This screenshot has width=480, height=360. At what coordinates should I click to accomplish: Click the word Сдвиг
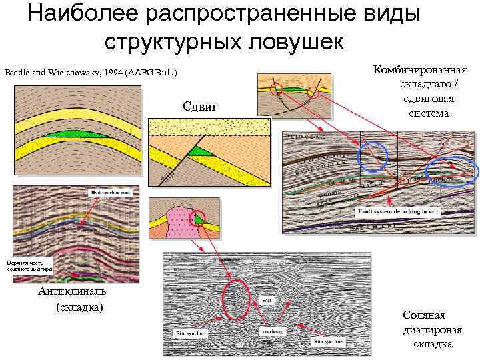200,106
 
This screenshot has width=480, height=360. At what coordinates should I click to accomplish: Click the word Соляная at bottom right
424,315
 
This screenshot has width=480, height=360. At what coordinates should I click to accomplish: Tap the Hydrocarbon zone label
110,192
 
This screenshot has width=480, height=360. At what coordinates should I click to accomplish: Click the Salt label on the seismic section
266,301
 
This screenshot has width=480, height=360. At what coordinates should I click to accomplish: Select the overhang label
269,331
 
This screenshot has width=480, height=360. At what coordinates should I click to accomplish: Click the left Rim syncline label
189,332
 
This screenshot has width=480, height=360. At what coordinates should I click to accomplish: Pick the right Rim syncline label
328,341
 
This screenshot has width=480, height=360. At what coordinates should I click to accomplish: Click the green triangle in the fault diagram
197,152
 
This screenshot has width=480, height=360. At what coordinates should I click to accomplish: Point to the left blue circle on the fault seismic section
372,157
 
